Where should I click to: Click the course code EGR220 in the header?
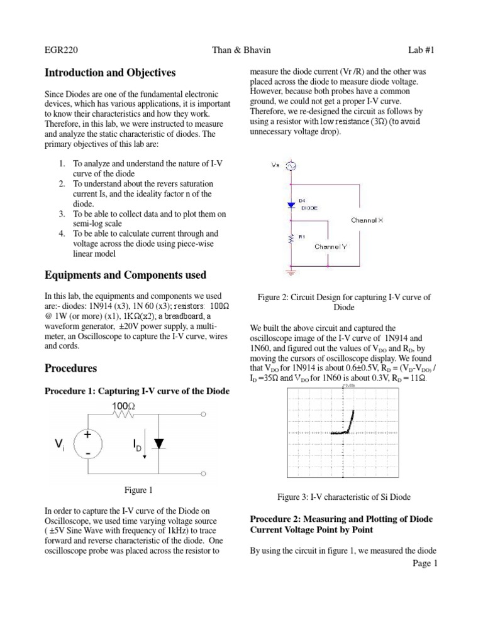61,50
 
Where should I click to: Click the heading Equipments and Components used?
125,275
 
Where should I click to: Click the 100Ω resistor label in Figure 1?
123,406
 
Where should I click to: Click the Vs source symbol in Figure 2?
291,166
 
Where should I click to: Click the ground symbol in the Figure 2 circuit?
291,272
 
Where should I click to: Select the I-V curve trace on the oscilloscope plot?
347,425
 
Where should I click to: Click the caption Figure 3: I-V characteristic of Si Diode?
343,497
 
